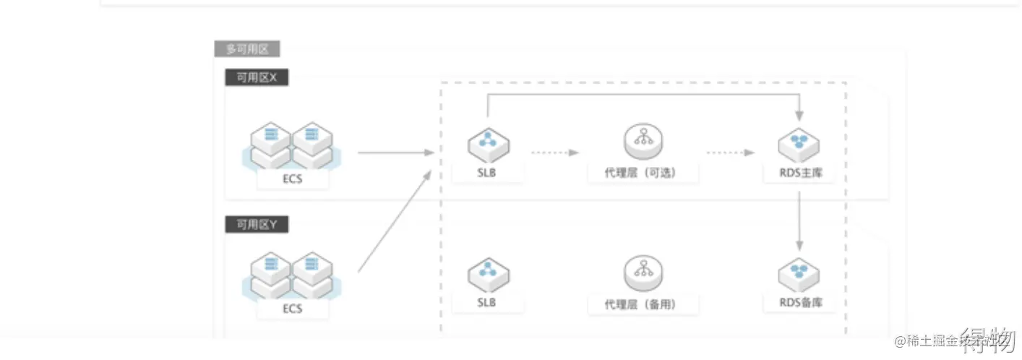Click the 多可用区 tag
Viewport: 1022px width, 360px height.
[247, 50]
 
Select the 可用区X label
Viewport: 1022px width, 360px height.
[257, 78]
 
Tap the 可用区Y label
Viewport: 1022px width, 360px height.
[257, 225]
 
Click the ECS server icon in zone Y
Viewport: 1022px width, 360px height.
[291, 275]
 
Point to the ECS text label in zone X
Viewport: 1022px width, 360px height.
[293, 179]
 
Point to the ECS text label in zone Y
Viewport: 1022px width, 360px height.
[293, 309]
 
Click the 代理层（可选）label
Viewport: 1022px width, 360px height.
[642, 173]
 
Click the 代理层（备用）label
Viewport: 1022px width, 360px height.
[642, 304]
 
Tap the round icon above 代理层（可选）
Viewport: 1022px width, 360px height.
[643, 142]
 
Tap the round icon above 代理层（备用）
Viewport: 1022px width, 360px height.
[643, 273]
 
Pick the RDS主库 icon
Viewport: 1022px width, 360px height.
[798, 145]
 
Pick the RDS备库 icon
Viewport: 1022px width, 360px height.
[798, 275]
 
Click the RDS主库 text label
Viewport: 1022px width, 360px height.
[798, 173]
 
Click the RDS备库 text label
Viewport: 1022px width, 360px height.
[798, 304]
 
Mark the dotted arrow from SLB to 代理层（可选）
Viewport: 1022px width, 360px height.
[555, 153]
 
